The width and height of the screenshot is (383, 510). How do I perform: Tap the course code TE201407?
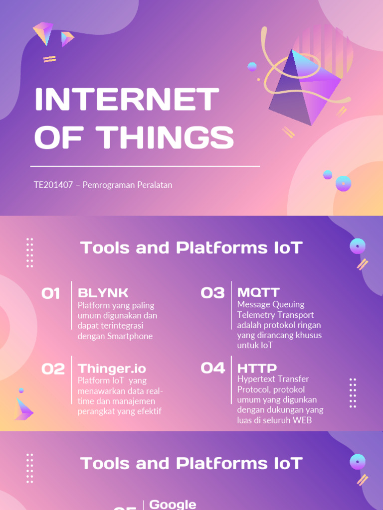pyautogui.click(x=53, y=185)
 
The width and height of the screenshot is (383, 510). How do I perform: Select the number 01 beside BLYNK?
pyautogui.click(x=51, y=293)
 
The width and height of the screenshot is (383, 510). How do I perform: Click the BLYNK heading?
pyautogui.click(x=103, y=292)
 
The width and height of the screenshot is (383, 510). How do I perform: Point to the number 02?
pyautogui.click(x=53, y=369)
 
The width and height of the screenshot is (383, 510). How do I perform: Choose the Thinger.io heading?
pyautogui.click(x=112, y=369)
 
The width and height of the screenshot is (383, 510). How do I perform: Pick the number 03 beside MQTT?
pyautogui.click(x=212, y=293)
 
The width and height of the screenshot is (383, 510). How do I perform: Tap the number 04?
pyautogui.click(x=213, y=368)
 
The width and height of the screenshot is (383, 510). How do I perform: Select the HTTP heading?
pyautogui.click(x=257, y=369)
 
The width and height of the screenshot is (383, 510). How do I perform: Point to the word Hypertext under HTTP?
pyautogui.click(x=257, y=379)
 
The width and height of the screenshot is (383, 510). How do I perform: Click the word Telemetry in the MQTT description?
pyautogui.click(x=255, y=315)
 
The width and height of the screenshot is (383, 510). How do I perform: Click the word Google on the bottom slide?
pyautogui.click(x=173, y=504)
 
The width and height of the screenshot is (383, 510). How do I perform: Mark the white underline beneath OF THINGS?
pyautogui.click(x=145, y=166)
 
